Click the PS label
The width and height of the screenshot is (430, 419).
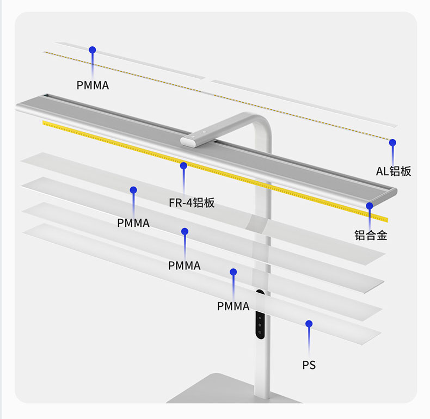coord(309,365)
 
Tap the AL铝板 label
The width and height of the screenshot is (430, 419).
coord(394,171)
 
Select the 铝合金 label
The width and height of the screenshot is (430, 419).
coord(371,235)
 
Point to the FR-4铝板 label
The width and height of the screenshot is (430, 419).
coord(192,203)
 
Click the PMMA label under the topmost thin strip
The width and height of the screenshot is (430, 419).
coord(93,85)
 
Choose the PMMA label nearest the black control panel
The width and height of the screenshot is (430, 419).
coord(233,306)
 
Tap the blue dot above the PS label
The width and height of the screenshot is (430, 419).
coord(309,324)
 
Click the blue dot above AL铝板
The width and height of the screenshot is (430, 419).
coord(392,143)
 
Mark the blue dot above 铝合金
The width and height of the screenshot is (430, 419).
coord(370,206)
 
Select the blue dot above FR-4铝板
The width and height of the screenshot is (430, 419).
coord(183,165)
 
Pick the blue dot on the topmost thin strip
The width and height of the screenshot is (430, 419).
coord(93,50)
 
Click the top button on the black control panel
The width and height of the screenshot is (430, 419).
coord(260,318)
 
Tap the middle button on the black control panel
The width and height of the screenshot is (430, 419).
coord(260,325)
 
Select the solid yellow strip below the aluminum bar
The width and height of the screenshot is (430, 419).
coord(216,170)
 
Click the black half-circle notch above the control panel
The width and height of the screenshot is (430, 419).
coord(260,292)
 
